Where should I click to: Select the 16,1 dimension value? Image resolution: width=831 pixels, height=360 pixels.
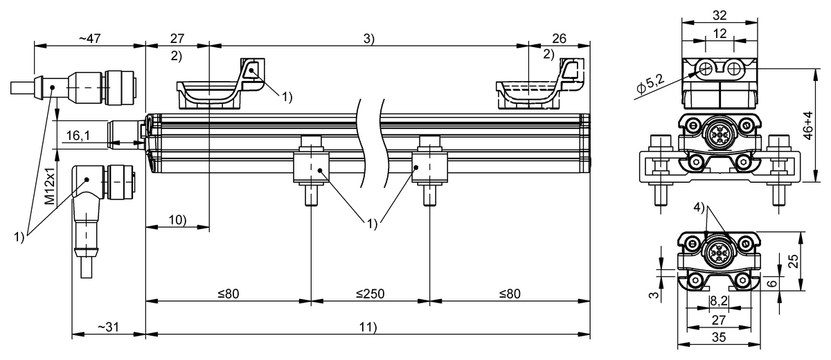[x=78, y=136]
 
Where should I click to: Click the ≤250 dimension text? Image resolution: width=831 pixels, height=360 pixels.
[x=370, y=293]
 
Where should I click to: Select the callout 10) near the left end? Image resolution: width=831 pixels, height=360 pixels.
[x=177, y=219]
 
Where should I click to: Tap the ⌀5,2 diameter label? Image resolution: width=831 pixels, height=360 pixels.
[x=651, y=82]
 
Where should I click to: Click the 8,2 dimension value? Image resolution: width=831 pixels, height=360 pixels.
[x=718, y=301]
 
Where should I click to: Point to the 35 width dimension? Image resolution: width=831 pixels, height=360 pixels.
[x=718, y=339]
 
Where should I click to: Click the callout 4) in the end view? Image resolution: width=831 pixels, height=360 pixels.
[x=700, y=207]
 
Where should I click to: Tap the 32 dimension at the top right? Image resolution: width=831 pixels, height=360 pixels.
[x=717, y=15]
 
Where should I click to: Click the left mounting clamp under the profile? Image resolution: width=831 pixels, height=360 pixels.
[x=310, y=170]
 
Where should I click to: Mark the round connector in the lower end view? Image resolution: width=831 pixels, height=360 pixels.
[x=717, y=252]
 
